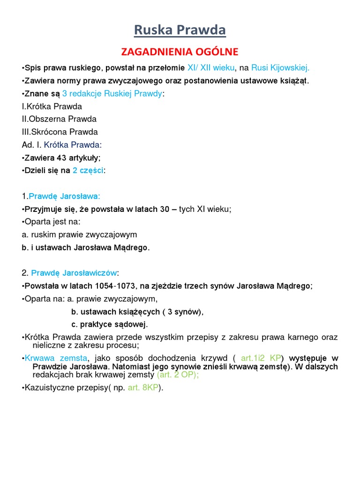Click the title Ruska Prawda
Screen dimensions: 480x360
180,30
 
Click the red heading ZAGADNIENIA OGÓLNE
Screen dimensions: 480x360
180,51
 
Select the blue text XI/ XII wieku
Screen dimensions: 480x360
210,68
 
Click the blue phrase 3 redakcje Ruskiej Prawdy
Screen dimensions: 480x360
112,94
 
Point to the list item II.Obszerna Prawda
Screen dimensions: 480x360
59,119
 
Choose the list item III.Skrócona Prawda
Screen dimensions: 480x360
60,132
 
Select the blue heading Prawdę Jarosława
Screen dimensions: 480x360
65,196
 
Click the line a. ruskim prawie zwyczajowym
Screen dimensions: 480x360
79,234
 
